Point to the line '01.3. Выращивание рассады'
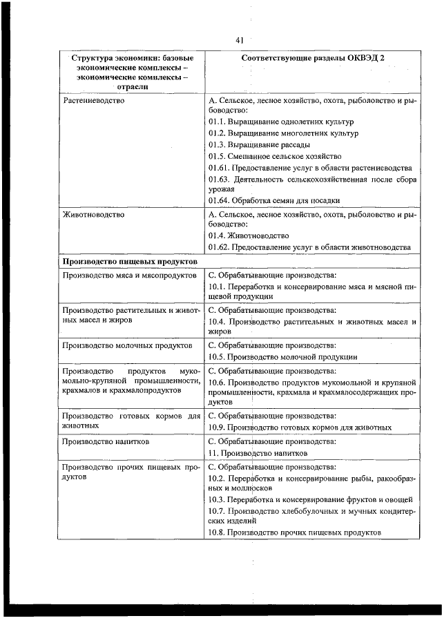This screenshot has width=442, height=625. pyautogui.click(x=259, y=145)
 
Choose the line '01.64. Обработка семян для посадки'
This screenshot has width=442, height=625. pyautogui.click(x=274, y=200)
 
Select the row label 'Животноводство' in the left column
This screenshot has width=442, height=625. pyautogui.click(x=93, y=215)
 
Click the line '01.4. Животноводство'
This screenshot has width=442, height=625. pyautogui.click(x=249, y=235)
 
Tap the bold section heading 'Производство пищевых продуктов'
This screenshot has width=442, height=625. pyautogui.click(x=131, y=262)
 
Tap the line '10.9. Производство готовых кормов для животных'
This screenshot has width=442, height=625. pyautogui.click(x=300, y=427)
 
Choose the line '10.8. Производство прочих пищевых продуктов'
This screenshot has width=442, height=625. pyautogui.click(x=294, y=532)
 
